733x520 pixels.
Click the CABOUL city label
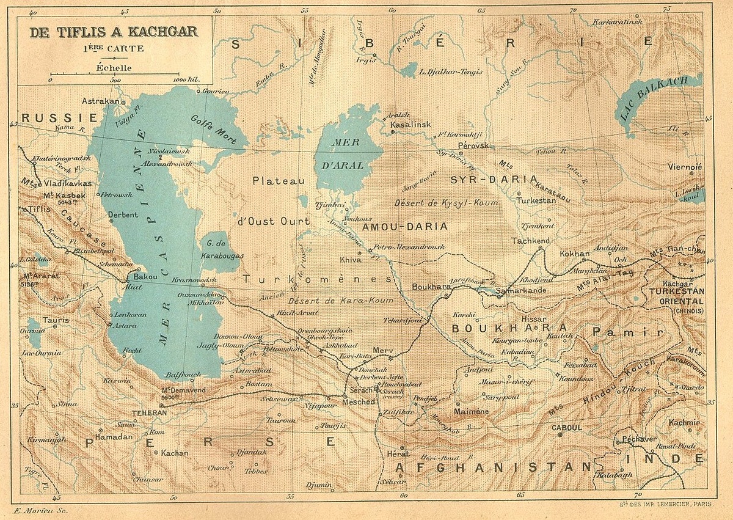(x=566, y=428)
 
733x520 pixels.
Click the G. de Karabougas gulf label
(x=222, y=249)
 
